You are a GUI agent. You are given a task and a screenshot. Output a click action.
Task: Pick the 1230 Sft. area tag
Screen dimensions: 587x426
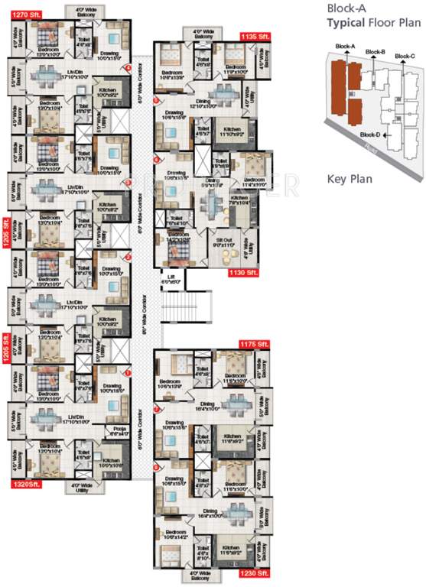pyautogui.click(x=253, y=572)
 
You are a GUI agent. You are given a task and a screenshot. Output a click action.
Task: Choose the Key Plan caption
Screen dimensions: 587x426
pyautogui.click(x=348, y=180)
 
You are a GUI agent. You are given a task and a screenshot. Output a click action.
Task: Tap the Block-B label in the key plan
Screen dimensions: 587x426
pyautogui.click(x=374, y=51)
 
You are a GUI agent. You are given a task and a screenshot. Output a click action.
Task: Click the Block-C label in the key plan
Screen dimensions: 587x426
pyautogui.click(x=405, y=57)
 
